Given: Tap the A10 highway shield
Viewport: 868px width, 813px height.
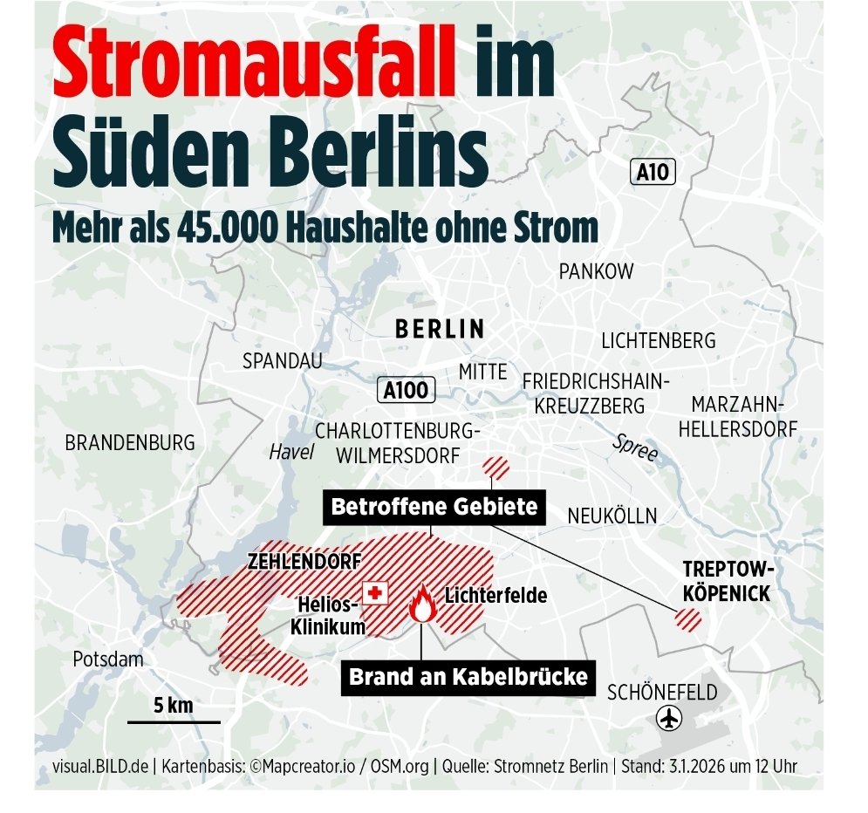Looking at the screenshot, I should click(x=653, y=172).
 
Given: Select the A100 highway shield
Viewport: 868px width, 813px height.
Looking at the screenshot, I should click(x=407, y=390).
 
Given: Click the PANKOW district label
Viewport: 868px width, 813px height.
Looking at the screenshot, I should click(x=597, y=272).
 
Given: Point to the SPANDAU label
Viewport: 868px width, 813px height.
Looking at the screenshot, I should click(x=283, y=360).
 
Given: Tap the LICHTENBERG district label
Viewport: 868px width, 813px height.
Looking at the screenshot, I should click(x=659, y=340).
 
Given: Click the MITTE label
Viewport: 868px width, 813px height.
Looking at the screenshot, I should click(x=482, y=372).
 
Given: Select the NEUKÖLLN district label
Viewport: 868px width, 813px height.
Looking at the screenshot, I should click(x=612, y=516).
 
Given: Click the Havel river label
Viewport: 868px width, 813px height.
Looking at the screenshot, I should click(x=291, y=452).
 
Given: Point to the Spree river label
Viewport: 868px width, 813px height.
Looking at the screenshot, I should click(x=635, y=447).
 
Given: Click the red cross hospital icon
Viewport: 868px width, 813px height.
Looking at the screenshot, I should click(x=375, y=593).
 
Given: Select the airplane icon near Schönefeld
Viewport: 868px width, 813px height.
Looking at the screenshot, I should click(x=669, y=720).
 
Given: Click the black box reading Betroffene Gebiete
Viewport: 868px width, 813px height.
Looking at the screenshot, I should click(x=434, y=506).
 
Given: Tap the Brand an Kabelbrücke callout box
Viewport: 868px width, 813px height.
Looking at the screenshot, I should click(x=468, y=676).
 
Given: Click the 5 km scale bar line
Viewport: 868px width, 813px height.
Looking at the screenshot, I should click(x=174, y=721).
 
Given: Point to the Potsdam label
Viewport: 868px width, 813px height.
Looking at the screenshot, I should click(x=108, y=659).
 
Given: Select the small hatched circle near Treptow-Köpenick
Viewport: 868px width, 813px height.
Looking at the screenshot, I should click(x=688, y=620).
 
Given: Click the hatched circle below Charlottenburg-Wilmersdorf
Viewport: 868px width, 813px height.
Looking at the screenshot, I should click(x=497, y=467).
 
